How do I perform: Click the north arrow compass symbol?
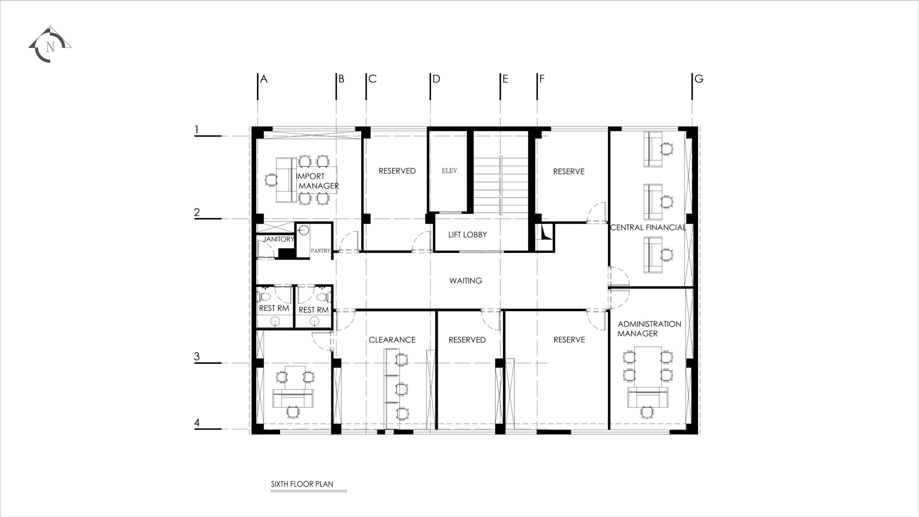(50, 45)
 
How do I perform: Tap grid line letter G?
(699, 79)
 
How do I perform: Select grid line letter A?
(263, 79)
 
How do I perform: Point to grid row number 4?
(197, 423)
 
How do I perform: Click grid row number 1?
(196, 130)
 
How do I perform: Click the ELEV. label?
(450, 171)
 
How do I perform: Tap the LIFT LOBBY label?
(467, 235)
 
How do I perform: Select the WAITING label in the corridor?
(466, 281)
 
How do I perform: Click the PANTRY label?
(321, 251)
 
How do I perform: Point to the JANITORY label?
(279, 239)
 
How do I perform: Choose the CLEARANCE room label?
(392, 340)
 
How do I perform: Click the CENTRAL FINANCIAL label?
(648, 227)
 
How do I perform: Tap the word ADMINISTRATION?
(649, 324)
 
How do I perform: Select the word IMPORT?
(311, 176)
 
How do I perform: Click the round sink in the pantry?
(304, 230)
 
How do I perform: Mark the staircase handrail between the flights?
(500, 186)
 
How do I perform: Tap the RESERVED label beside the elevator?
(397, 171)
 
